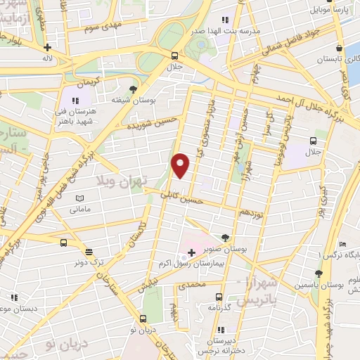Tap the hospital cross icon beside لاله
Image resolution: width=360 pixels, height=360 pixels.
47,48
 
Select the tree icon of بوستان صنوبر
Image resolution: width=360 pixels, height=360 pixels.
224,237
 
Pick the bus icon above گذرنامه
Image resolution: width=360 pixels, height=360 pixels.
219,297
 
